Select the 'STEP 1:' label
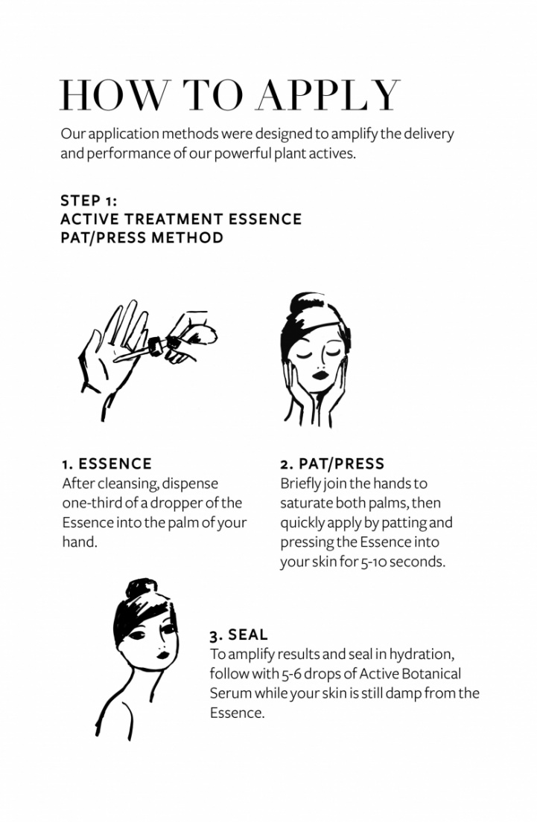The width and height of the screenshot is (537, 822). (x=89, y=201)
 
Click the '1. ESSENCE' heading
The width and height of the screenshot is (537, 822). (x=107, y=464)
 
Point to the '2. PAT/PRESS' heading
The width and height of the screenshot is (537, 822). (x=332, y=464)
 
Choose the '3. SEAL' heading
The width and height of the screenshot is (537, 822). (x=239, y=635)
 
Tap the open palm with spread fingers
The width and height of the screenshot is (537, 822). (x=113, y=356)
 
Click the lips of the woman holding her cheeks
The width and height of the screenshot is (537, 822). (x=320, y=375)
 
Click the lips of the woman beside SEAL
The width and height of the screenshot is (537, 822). (x=162, y=655)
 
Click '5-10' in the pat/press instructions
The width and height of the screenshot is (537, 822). (x=374, y=562)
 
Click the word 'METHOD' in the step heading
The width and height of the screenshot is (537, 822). (x=188, y=238)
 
